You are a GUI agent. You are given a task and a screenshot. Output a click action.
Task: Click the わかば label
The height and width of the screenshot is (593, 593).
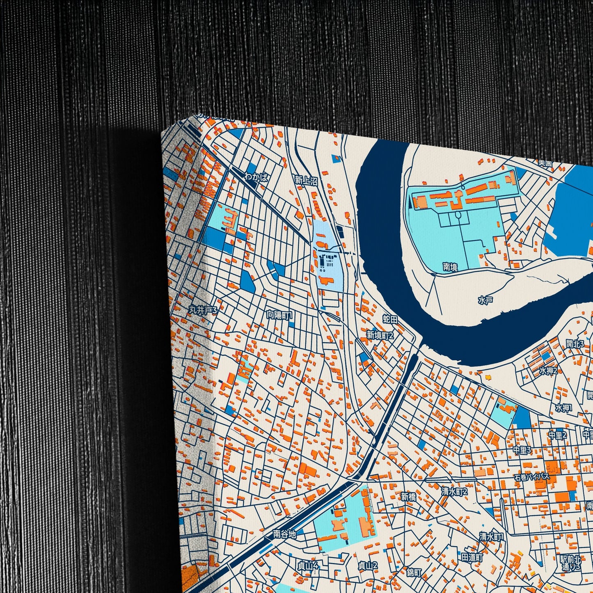coord(256,177)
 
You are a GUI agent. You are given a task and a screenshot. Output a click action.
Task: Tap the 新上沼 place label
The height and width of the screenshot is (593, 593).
coord(306,180)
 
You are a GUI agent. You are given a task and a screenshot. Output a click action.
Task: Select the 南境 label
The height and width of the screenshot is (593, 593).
coord(450,267)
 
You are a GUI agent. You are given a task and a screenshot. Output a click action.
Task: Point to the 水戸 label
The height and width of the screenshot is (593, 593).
coord(485,300)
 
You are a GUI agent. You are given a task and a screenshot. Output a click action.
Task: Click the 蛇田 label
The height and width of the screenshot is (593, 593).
coord(390,319)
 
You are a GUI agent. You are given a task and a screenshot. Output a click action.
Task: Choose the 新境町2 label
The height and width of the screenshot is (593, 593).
coord(380,335)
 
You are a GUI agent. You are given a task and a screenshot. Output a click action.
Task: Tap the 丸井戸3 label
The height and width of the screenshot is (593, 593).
coord(202,310)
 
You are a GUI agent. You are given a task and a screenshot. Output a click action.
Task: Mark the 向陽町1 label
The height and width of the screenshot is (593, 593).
coord(279,315)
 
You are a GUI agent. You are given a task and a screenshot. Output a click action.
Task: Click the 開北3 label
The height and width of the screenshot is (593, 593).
coord(575,344)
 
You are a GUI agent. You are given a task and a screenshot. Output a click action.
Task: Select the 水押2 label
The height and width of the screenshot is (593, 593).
coord(548,371)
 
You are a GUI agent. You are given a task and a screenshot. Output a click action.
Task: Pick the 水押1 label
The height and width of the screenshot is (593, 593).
coord(564,408)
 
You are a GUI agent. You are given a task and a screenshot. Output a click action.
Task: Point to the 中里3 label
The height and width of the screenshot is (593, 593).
coord(522,450)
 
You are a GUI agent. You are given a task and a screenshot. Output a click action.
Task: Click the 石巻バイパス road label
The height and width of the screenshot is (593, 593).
coord(532,477)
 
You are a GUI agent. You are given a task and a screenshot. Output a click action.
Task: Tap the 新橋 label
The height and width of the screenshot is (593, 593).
coord(408,497)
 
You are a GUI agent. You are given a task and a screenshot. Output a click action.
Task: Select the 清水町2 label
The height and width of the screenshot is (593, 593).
coord(454,491)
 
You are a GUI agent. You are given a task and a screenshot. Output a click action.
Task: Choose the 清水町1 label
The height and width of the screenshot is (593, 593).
coord(491,536)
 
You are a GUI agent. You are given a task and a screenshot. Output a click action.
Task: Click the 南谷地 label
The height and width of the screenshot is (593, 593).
coord(284,534)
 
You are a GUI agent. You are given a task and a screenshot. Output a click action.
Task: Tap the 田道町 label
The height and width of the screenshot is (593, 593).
coord(472,557)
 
